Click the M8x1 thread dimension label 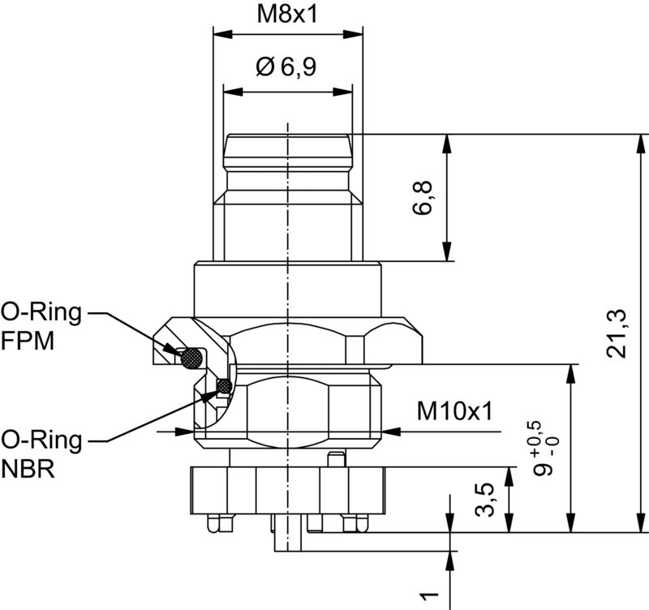pos(286,14)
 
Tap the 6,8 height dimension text pos(423,197)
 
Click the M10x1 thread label pos(455,411)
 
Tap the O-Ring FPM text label pos(41,326)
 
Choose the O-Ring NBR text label pos(41,454)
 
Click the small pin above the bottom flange pos(333,461)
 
